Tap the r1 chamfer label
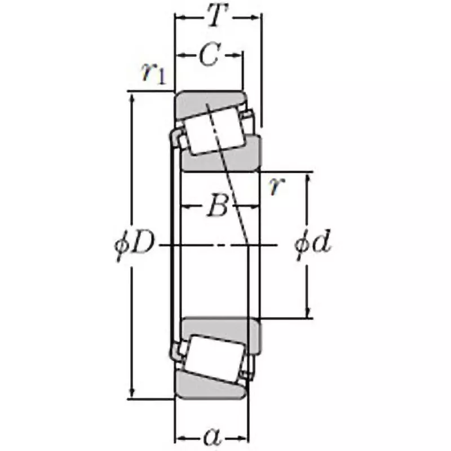(154, 73)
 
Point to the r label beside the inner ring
(275, 187)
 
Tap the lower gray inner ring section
(220, 328)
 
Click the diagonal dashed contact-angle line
(231, 186)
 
